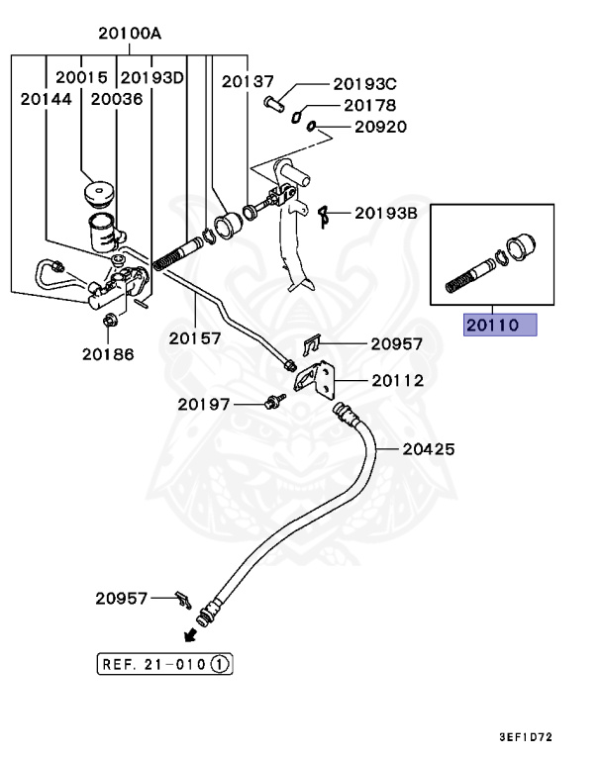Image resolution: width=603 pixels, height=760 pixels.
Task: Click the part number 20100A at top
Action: click(x=130, y=34)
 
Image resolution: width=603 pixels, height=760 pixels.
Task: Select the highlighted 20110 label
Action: click(x=500, y=326)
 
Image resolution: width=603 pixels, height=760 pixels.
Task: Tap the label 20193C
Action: click(x=364, y=84)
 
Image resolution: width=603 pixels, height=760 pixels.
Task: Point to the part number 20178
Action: click(x=369, y=106)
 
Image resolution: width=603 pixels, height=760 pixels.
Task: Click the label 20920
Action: click(x=379, y=128)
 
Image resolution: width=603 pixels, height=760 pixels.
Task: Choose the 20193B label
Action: click(x=387, y=212)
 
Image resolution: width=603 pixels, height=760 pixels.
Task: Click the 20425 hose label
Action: click(x=429, y=449)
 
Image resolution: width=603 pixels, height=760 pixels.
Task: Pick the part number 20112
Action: click(x=398, y=381)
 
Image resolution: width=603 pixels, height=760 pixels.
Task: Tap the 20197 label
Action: click(x=205, y=404)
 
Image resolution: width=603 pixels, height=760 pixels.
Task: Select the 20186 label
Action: click(x=109, y=353)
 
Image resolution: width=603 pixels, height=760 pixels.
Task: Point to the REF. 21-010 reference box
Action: click(x=164, y=663)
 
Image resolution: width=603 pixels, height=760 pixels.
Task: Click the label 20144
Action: click(x=45, y=99)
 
